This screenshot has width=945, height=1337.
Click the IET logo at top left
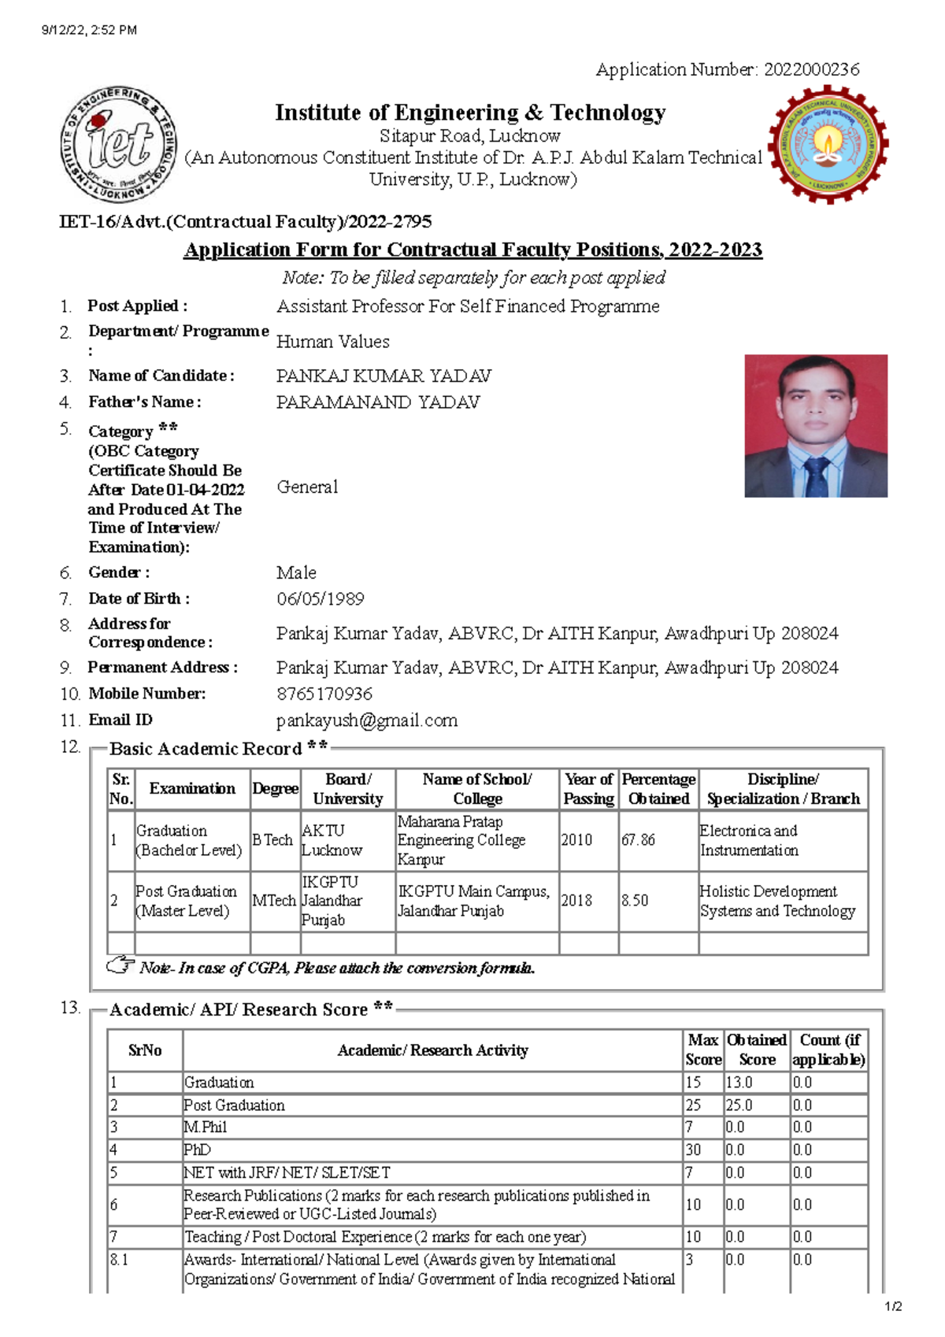[x=119, y=146]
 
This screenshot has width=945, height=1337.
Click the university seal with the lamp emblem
[x=828, y=145]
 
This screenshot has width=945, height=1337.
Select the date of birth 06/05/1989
[x=320, y=599]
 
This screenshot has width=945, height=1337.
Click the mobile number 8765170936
[x=324, y=694]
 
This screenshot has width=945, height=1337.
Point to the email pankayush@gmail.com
[x=366, y=720]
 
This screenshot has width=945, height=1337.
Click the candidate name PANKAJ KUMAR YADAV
[x=384, y=376]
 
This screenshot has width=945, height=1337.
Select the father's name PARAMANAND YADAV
[x=377, y=402]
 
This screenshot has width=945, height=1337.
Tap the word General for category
[x=307, y=487]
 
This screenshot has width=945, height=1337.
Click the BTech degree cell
[x=272, y=840]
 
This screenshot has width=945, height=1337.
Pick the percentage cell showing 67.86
[x=638, y=840]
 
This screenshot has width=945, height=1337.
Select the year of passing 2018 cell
[x=576, y=901]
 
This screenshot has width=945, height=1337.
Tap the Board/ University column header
[x=347, y=789]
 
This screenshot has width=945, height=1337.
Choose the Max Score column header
[x=702, y=1050]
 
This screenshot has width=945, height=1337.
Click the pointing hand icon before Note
[x=120, y=965]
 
